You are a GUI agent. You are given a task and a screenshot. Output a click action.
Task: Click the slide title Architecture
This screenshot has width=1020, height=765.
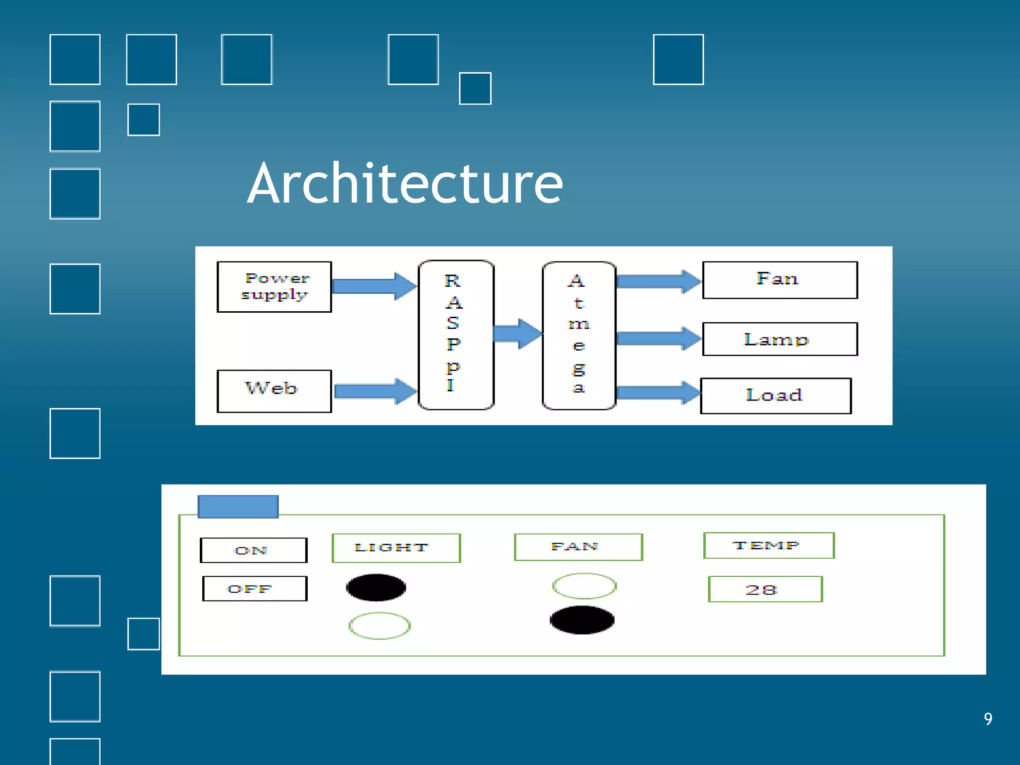[x=405, y=183]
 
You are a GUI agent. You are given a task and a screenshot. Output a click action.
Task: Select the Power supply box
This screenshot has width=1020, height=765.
[x=274, y=287]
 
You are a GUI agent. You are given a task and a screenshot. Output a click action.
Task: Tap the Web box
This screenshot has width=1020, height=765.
[x=274, y=391]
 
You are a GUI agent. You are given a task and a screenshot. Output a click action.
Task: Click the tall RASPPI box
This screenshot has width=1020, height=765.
[x=456, y=335]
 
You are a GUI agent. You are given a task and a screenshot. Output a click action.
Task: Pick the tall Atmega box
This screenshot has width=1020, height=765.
[x=579, y=335]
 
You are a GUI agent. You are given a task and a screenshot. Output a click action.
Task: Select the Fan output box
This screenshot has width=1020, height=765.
[x=780, y=280]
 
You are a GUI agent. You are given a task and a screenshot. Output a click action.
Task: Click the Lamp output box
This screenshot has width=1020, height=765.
[x=780, y=339]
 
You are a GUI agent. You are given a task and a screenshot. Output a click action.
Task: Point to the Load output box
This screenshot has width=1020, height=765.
[x=775, y=396]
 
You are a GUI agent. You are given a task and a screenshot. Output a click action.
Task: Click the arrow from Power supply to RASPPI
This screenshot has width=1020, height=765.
[x=374, y=286]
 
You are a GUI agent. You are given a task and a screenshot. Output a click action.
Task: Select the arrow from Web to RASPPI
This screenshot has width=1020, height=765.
[x=375, y=391]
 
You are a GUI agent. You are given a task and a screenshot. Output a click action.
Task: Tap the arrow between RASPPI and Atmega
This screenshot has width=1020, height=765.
[x=517, y=333]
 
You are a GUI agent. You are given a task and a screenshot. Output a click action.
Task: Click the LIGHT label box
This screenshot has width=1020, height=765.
[x=396, y=548]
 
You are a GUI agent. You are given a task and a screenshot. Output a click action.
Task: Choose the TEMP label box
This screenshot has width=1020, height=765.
[x=768, y=545]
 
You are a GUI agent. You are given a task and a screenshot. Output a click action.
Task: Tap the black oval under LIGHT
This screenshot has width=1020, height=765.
[x=376, y=587]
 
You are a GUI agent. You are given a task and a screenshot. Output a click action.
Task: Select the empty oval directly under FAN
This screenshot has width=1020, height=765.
[x=584, y=586]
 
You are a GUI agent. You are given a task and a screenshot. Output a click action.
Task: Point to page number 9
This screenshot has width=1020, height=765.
[x=988, y=719]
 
